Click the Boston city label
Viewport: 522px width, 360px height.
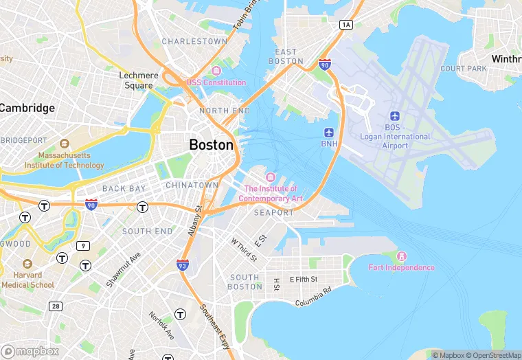[x=211, y=145]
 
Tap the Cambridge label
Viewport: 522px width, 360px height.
[x=27, y=108]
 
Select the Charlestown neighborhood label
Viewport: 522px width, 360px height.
[x=194, y=41]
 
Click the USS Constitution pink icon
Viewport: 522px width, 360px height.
[x=216, y=71]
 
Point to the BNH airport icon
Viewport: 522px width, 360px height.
[x=329, y=131]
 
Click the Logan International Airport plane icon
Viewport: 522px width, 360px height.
[x=394, y=115]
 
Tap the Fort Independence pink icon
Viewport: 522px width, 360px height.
[x=402, y=256]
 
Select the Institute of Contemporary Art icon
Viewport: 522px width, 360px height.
[x=270, y=178]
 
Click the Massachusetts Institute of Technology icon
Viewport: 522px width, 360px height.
[x=64, y=144]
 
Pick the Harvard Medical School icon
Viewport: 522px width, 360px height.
[x=27, y=265]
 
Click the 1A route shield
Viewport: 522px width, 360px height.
[x=345, y=25]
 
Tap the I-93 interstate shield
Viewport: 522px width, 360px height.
[x=183, y=265]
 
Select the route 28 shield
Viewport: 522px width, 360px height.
[x=54, y=306]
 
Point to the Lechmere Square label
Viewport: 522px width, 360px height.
[x=139, y=80]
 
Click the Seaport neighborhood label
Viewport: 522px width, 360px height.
[x=273, y=213]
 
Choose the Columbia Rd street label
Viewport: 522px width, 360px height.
[x=313, y=297]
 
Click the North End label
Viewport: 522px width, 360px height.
[x=225, y=111]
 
